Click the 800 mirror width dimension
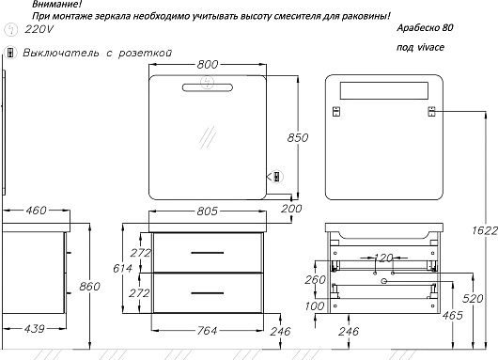[x=208, y=65]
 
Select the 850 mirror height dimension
[x=298, y=137]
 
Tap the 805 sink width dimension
[x=208, y=211]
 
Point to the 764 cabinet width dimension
[x=207, y=331]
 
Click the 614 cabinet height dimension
[x=122, y=269]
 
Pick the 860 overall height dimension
[x=89, y=287]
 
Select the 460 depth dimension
[x=36, y=210]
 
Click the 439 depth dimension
[x=35, y=329]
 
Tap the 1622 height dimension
[x=485, y=230]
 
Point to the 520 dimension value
[x=473, y=298]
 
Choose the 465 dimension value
[x=452, y=315]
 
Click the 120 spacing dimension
[x=383, y=258]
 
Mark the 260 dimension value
[x=316, y=279]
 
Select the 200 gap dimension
[x=291, y=209]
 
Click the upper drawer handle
[x=208, y=253]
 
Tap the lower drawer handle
[x=208, y=292]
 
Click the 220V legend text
[x=39, y=29]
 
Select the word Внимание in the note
[x=57, y=4]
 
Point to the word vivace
[x=430, y=47]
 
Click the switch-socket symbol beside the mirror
[x=277, y=177]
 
